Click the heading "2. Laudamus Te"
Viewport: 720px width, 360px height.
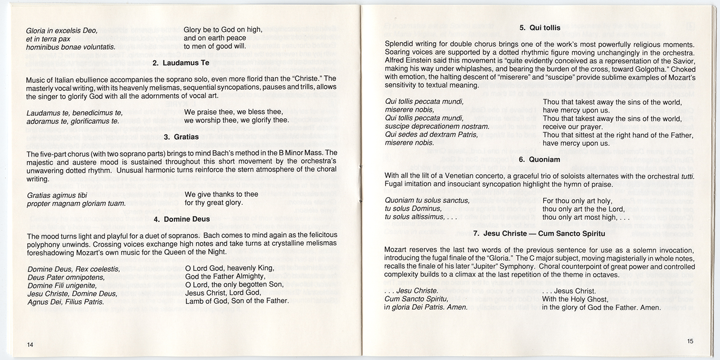(x=182, y=63)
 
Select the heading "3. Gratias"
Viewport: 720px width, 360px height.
(x=181, y=137)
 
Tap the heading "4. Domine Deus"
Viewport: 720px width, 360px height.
(x=181, y=220)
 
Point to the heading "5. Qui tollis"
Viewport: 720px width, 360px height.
(x=540, y=28)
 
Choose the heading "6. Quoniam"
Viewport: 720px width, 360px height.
(x=540, y=159)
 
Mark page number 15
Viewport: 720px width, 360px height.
(x=690, y=341)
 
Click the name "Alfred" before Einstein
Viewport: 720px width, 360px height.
(x=396, y=61)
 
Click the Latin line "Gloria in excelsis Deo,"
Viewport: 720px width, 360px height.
(x=62, y=30)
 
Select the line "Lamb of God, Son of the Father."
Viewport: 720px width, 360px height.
(x=237, y=301)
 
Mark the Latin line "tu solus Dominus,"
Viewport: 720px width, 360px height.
(x=413, y=209)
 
